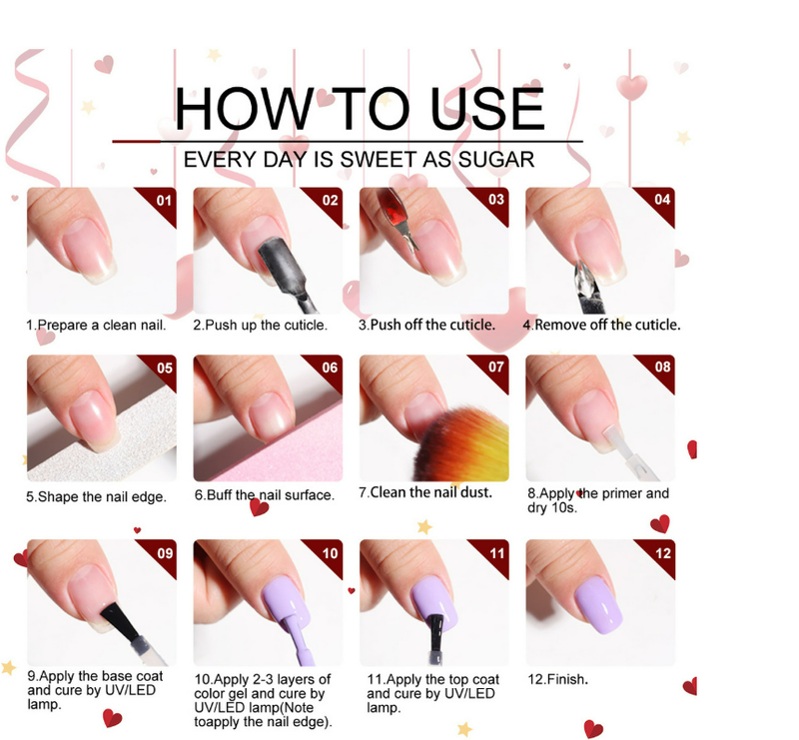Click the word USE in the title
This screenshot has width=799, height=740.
pos(487,109)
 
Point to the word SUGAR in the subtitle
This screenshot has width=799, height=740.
pos(495,160)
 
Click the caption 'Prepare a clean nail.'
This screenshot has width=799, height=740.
pos(102,326)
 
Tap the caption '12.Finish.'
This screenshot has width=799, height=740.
pos(557,679)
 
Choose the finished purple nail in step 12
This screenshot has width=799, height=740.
pos(599,605)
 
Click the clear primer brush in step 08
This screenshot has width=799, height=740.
pos(628,452)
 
